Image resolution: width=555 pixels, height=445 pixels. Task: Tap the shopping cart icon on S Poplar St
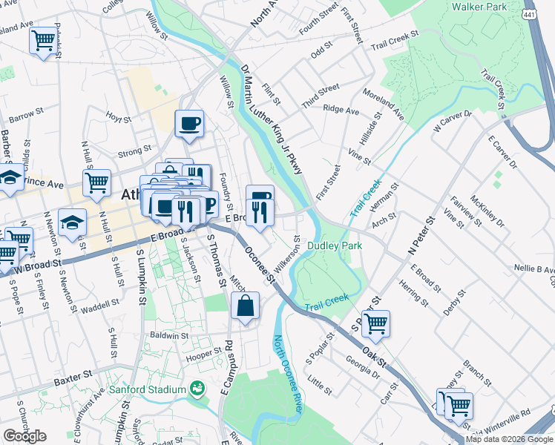pyautogui.click(x=376, y=324)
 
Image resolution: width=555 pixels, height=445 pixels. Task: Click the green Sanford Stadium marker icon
pyautogui.click(x=197, y=388)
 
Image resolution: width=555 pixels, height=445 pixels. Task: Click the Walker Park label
pyautogui.click(x=479, y=7)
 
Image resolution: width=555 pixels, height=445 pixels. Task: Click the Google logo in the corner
pyautogui.click(x=24, y=436)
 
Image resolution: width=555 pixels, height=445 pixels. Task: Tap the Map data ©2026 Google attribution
pyautogui.click(x=509, y=439)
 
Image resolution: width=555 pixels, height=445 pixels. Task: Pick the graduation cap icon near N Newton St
pyautogui.click(x=72, y=222)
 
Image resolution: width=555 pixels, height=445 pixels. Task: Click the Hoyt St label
pyautogui.click(x=118, y=117)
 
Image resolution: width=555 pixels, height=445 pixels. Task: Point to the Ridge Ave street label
pyautogui.click(x=341, y=110)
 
